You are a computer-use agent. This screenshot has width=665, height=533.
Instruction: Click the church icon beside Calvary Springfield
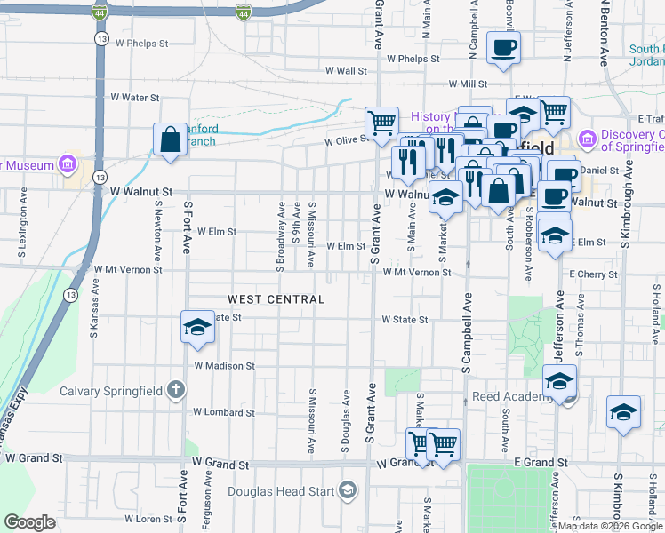pyautogui.click(x=176, y=390)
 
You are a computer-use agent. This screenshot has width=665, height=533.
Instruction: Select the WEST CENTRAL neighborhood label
pyautogui.click(x=276, y=299)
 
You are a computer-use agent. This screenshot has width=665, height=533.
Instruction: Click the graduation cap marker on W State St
pyautogui.click(x=197, y=327)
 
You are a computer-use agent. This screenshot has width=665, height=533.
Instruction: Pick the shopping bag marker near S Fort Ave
pyautogui.click(x=170, y=139)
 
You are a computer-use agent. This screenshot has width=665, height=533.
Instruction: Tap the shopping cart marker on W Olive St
pyautogui.click(x=381, y=123)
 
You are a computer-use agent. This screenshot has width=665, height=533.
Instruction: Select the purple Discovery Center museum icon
pyautogui.click(x=586, y=139)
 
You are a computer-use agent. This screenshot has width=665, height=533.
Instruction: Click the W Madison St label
pyautogui.click(x=224, y=365)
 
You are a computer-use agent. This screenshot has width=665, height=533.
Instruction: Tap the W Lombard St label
pyautogui.click(x=224, y=412)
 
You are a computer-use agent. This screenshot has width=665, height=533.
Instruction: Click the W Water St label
pyautogui.click(x=134, y=98)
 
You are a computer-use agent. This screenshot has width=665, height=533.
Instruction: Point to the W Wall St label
pyautogui.click(x=346, y=70)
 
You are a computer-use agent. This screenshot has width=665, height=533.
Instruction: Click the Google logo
pyautogui.click(x=29, y=522)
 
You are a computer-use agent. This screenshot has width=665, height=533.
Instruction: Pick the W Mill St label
pyautogui.click(x=468, y=84)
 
